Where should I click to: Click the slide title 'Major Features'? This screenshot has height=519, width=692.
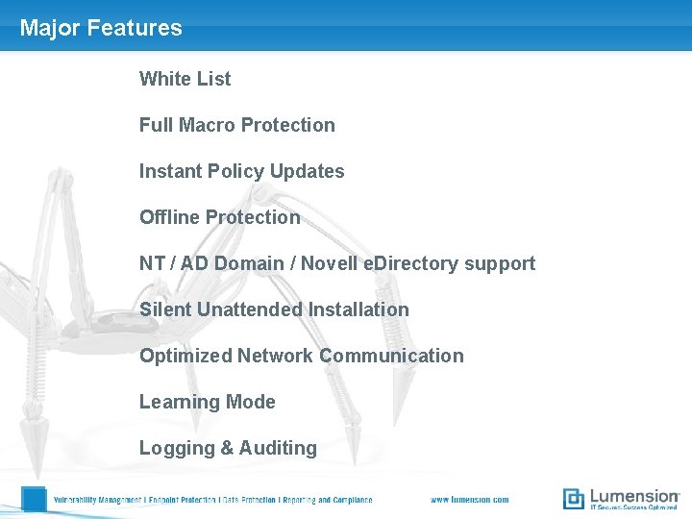click(101, 28)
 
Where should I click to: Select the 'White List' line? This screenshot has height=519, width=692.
click(185, 79)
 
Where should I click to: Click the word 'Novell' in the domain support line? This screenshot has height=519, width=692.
click(330, 263)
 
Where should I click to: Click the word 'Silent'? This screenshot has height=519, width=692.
click(165, 309)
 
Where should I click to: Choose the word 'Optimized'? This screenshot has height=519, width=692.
click(185, 356)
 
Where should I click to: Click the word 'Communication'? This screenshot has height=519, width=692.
click(391, 356)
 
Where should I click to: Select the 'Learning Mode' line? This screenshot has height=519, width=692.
click(207, 402)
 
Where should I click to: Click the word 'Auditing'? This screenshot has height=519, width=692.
click(278, 448)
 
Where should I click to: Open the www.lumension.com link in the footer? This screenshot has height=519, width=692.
click(469, 500)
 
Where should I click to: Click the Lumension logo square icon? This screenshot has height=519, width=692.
click(574, 499)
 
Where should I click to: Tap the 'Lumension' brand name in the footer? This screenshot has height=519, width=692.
click(634, 496)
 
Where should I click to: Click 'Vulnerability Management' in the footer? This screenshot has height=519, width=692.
click(96, 500)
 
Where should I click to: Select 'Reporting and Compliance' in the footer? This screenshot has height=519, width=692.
click(327, 500)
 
